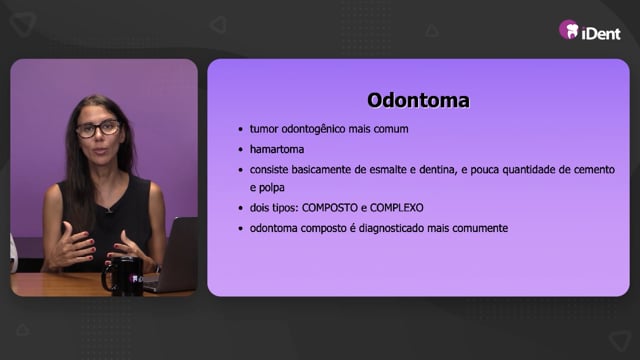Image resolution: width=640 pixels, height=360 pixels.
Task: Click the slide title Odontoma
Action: click(418, 100)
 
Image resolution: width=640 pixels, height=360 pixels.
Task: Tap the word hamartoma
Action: click(277, 149)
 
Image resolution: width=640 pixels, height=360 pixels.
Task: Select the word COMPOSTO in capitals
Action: click(330, 208)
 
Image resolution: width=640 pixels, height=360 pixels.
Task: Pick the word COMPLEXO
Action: click(396, 208)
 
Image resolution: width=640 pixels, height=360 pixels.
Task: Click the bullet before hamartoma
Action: click(240, 150)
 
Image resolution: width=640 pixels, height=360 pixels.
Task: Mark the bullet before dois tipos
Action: click(240, 208)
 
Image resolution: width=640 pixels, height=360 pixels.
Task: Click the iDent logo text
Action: click(601, 33)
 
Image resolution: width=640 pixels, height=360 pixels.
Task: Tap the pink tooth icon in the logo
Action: click(569, 29)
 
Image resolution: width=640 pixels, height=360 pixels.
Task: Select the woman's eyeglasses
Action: click(98, 129)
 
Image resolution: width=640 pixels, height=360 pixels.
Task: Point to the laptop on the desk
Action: click(173, 255)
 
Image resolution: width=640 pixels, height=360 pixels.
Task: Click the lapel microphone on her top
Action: click(108, 210)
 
